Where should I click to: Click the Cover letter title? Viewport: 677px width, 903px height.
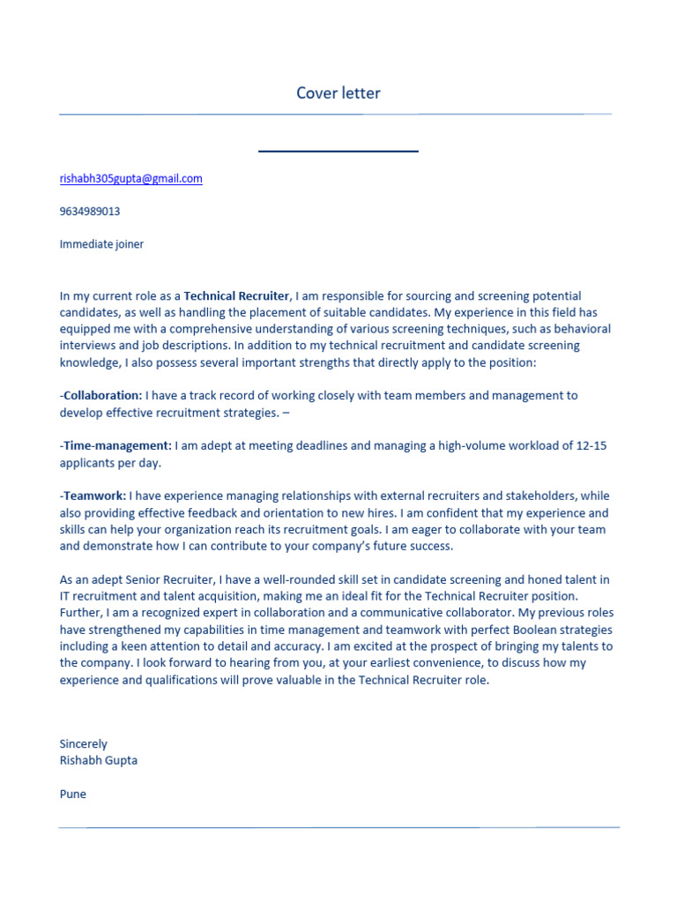pos(338,93)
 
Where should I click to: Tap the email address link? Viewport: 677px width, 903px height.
pos(130,178)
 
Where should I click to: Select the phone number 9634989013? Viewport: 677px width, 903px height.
pos(90,212)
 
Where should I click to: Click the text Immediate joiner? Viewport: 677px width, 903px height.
pos(101,244)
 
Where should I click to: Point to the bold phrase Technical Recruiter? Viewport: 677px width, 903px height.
pos(236,296)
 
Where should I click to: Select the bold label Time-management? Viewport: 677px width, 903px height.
pos(117,446)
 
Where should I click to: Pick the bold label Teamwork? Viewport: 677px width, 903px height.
pos(94,496)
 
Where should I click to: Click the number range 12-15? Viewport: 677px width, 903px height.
pos(591,446)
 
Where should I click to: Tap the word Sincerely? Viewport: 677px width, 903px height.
pos(83,744)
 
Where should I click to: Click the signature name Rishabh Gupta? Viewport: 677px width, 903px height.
pos(99,760)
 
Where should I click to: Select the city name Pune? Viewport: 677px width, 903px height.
pos(73,794)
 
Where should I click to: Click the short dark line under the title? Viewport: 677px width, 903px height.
pos(338,152)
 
